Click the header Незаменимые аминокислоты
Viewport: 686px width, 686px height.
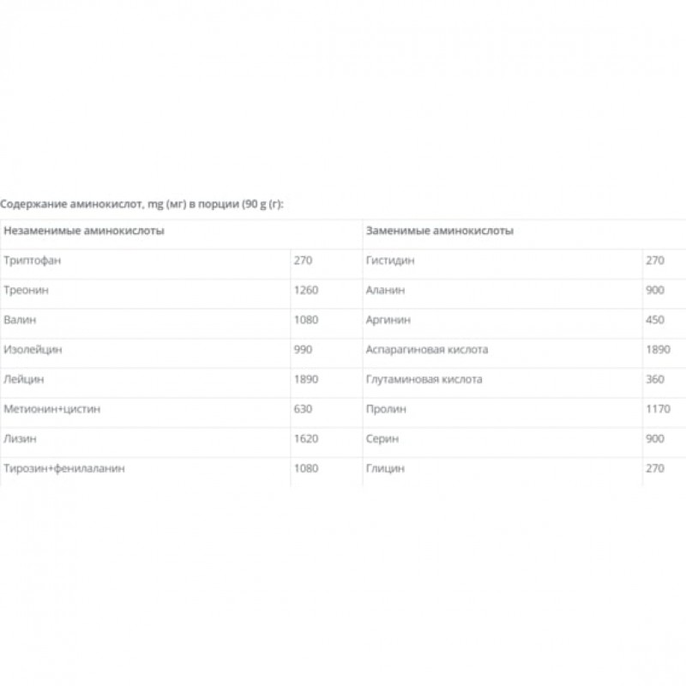[85, 232]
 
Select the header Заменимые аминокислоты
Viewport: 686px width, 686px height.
[439, 232]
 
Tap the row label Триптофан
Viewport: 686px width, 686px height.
[33, 261]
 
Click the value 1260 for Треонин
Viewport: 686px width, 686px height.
[306, 291]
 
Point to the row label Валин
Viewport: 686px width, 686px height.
[20, 320]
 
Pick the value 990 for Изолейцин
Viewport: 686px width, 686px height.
[303, 350]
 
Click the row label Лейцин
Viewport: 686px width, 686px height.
[24, 379]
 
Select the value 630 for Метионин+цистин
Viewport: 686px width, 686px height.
[303, 409]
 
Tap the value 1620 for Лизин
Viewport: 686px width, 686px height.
[306, 439]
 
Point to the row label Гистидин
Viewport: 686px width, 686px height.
[390, 261]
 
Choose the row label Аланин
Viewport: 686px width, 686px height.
[385, 291]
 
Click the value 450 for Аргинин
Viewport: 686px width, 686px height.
[655, 320]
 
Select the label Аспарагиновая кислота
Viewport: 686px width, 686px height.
[426, 350]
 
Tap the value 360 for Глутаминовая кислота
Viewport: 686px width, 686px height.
[655, 379]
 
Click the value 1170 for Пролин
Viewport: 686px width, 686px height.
[658, 409]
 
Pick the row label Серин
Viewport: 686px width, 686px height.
[382, 439]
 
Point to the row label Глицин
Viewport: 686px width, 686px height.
[385, 468]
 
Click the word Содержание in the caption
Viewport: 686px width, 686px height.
[32, 204]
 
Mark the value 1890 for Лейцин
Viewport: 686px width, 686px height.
[306, 379]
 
